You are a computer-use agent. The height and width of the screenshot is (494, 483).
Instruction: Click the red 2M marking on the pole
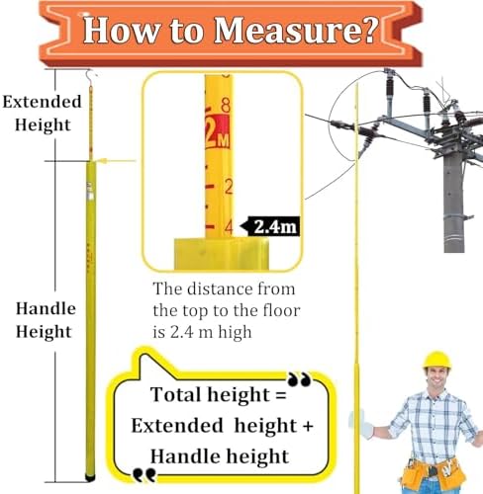click(217, 129)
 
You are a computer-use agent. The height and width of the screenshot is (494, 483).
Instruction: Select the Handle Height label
click(44, 319)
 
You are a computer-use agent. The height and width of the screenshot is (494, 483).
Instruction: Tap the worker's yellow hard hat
click(436, 361)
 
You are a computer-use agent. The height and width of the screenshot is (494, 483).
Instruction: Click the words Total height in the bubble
click(204, 395)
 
